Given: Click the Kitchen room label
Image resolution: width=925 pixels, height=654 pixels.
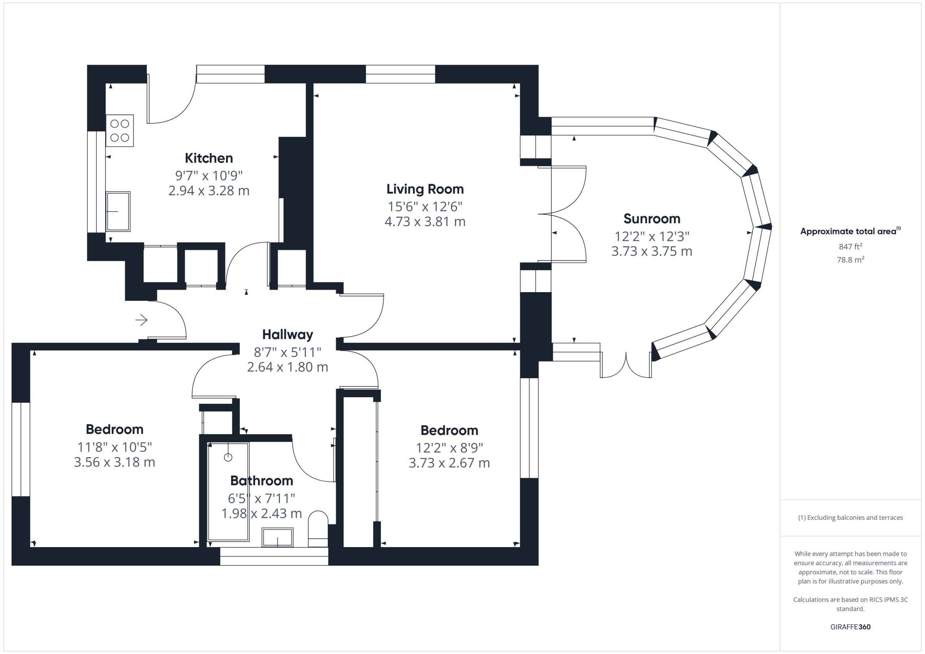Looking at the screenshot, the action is click(209, 158).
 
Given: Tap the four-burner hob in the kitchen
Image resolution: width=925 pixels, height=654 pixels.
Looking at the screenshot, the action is click(120, 130).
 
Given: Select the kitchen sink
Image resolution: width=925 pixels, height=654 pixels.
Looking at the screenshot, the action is click(118, 211).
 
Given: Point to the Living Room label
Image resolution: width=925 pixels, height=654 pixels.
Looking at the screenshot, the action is click(425, 189).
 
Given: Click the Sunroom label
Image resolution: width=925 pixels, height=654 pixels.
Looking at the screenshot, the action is click(652, 219).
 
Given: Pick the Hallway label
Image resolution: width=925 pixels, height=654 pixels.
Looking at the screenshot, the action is click(288, 335).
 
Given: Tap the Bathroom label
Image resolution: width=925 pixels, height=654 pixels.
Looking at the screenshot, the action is click(262, 480).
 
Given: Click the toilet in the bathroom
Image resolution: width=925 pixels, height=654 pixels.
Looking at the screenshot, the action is click(318, 529).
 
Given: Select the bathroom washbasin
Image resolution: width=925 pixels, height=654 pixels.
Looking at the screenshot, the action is click(277, 537).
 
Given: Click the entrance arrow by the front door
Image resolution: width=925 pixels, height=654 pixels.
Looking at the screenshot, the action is click(141, 320).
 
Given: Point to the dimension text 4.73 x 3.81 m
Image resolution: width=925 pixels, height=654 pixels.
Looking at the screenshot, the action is click(425, 221).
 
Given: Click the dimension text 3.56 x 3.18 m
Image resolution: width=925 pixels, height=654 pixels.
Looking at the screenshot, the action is click(115, 462).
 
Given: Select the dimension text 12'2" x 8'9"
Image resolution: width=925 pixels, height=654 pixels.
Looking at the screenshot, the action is click(449, 447).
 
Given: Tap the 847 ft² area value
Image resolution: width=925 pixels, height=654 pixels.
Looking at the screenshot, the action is click(851, 246).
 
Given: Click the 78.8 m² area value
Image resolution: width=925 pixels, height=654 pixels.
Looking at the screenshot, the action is click(851, 260).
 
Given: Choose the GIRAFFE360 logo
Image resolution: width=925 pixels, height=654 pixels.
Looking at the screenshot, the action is click(851, 627).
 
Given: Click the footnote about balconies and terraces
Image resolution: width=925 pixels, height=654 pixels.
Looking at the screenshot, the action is click(851, 518).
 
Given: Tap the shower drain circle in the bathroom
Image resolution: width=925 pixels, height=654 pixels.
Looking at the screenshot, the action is click(228, 458).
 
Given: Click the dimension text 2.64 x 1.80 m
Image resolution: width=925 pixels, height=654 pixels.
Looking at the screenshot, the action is click(288, 367).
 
